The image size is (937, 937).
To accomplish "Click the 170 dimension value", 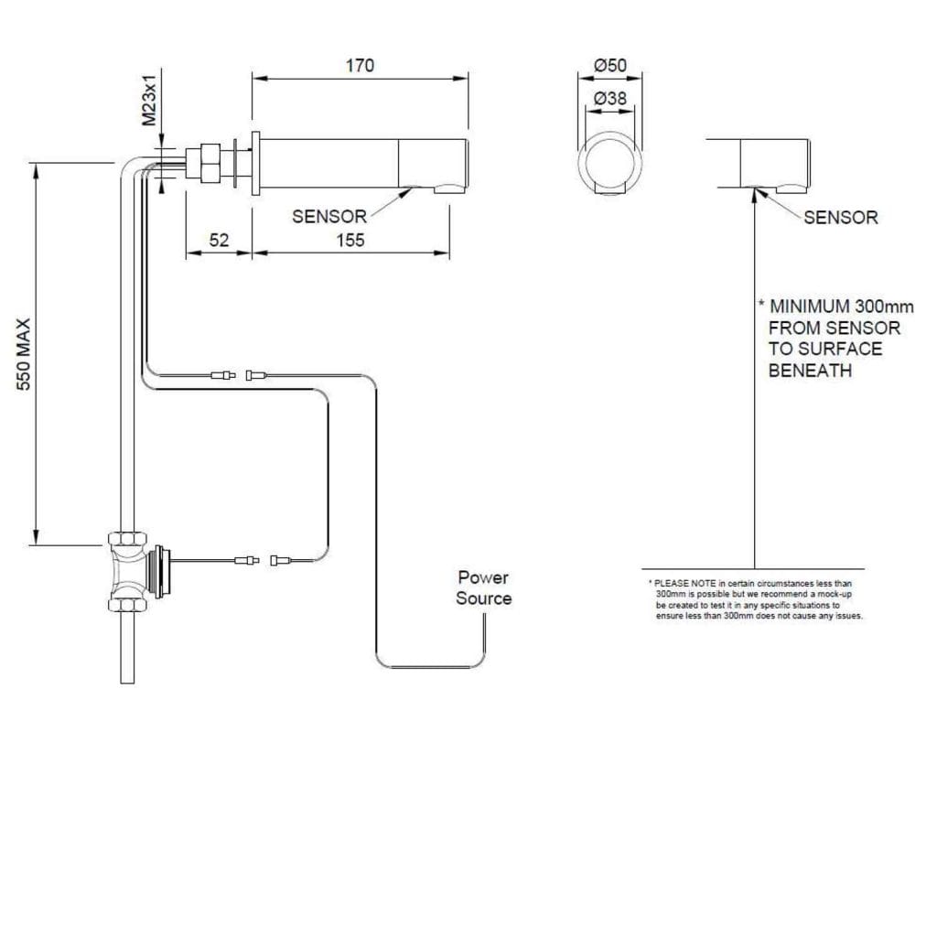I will [360, 66].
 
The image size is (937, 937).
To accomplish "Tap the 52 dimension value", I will [220, 240].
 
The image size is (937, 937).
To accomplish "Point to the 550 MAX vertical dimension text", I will [25, 354].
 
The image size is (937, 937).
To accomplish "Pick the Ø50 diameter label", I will [609, 66].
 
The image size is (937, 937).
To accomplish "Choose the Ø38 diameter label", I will [609, 97].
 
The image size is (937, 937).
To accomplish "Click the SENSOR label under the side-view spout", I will [329, 217].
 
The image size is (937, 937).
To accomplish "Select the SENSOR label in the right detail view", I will [840, 218].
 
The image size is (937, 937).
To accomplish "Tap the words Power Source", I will [484, 588].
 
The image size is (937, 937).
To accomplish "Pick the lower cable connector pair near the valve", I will [262, 560].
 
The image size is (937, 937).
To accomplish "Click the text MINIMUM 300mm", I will [841, 306].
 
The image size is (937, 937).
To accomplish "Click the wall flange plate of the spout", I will [255, 163].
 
